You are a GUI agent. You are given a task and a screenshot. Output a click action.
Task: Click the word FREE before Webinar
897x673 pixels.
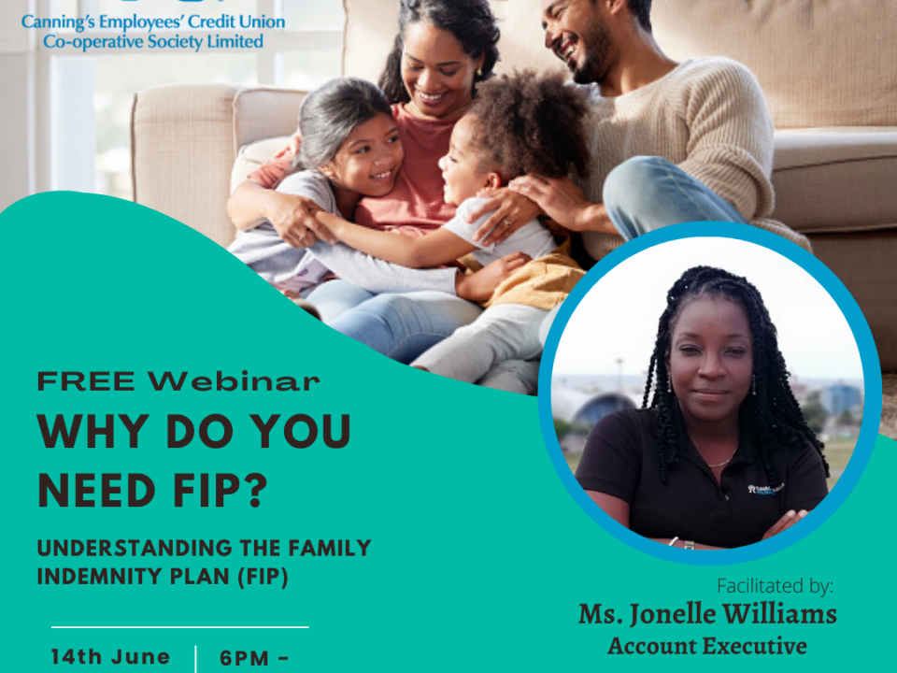86,381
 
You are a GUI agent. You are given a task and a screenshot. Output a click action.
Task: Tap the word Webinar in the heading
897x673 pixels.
234,381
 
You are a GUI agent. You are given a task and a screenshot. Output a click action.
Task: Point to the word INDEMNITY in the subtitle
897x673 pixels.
93,577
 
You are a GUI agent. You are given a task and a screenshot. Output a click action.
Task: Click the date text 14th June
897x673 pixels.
111,656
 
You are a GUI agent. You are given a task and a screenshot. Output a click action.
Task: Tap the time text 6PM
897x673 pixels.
245,658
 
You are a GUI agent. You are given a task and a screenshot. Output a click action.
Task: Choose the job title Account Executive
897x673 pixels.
707,646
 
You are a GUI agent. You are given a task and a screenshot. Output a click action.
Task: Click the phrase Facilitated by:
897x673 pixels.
776,586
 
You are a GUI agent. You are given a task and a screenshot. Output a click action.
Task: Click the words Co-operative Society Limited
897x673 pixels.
153,42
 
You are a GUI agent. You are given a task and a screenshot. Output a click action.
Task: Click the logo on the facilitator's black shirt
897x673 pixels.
765,489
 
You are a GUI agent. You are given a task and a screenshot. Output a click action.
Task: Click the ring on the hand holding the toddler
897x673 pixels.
506,222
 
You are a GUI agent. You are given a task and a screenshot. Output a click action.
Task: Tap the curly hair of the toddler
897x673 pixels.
525,122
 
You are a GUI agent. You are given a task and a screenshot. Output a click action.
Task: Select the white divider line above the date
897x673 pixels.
180,627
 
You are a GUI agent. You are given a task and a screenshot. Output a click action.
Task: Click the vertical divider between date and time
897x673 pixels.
196,659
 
